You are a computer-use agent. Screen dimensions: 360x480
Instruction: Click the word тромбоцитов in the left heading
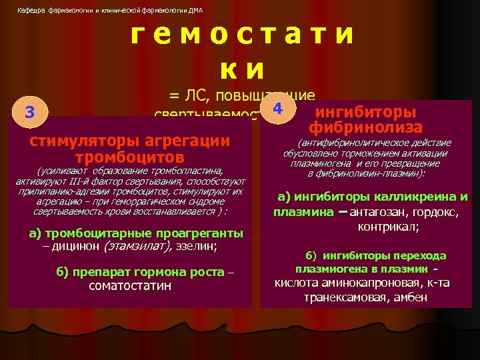click(x=129, y=157)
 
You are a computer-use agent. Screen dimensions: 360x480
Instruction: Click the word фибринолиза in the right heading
click(x=365, y=127)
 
